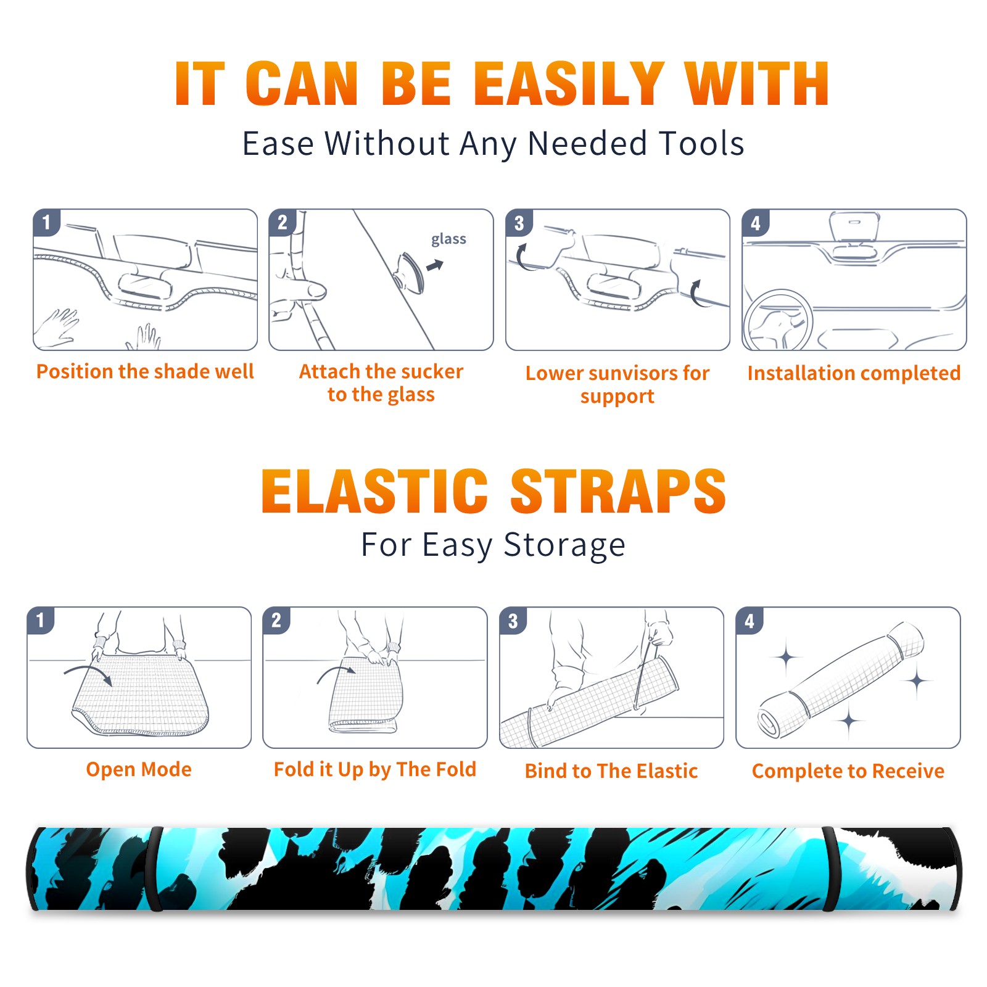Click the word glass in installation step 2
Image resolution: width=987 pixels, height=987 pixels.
tap(448, 239)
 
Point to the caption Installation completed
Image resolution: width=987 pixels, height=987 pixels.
tap(854, 373)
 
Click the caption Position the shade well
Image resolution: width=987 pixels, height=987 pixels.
tap(145, 371)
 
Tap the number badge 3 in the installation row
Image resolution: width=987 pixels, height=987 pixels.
tap(519, 223)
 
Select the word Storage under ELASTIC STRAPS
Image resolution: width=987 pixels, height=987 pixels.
tap(564, 545)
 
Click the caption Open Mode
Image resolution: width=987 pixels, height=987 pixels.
tap(139, 769)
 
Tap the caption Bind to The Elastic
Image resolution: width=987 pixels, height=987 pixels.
tap(611, 770)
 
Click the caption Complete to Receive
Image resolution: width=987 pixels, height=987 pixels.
tap(848, 770)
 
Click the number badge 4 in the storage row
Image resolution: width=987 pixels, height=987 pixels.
tap(750, 621)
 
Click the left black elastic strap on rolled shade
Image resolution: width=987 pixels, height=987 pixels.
tap(154, 869)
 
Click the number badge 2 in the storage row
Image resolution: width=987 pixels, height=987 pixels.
tap(276, 621)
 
